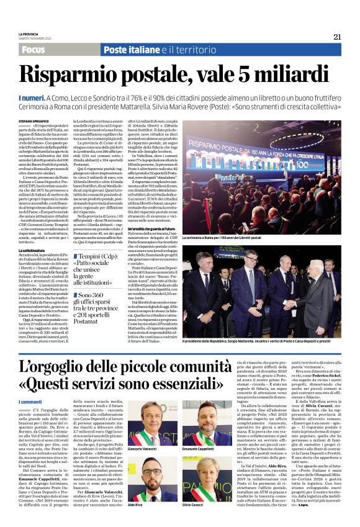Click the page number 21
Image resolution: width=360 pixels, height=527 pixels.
[337, 37]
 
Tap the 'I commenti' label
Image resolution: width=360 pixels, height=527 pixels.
[30, 402]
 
